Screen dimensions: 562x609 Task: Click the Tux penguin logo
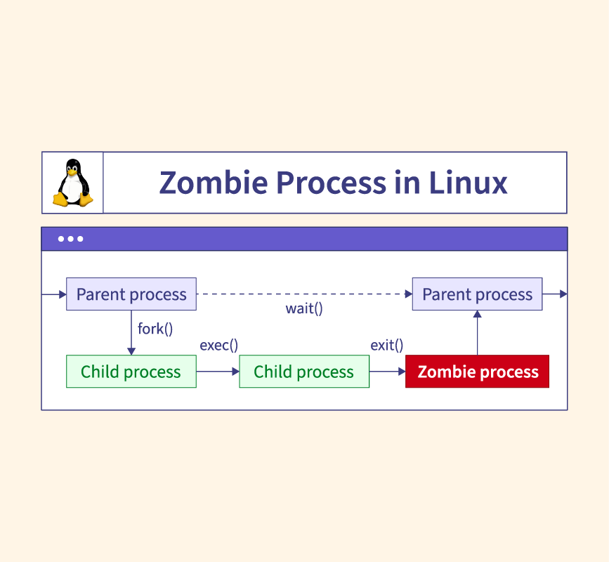(72, 183)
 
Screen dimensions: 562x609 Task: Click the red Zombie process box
(478, 372)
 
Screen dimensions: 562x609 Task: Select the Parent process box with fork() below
(131, 294)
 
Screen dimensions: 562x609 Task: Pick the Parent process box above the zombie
(477, 294)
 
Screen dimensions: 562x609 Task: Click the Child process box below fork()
(131, 372)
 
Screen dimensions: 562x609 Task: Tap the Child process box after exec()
(304, 372)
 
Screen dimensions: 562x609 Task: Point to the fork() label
(155, 328)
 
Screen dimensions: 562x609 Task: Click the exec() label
(219, 345)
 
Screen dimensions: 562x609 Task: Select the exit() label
(387, 345)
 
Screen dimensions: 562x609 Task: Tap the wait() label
(304, 308)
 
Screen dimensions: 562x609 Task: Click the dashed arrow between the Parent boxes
(303, 294)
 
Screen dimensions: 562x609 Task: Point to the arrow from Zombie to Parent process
(478, 333)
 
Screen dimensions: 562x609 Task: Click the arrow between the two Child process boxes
(218, 372)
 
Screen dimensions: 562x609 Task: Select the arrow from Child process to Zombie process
(387, 372)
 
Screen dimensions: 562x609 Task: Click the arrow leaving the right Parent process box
(554, 294)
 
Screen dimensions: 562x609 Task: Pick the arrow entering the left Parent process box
(54, 294)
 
